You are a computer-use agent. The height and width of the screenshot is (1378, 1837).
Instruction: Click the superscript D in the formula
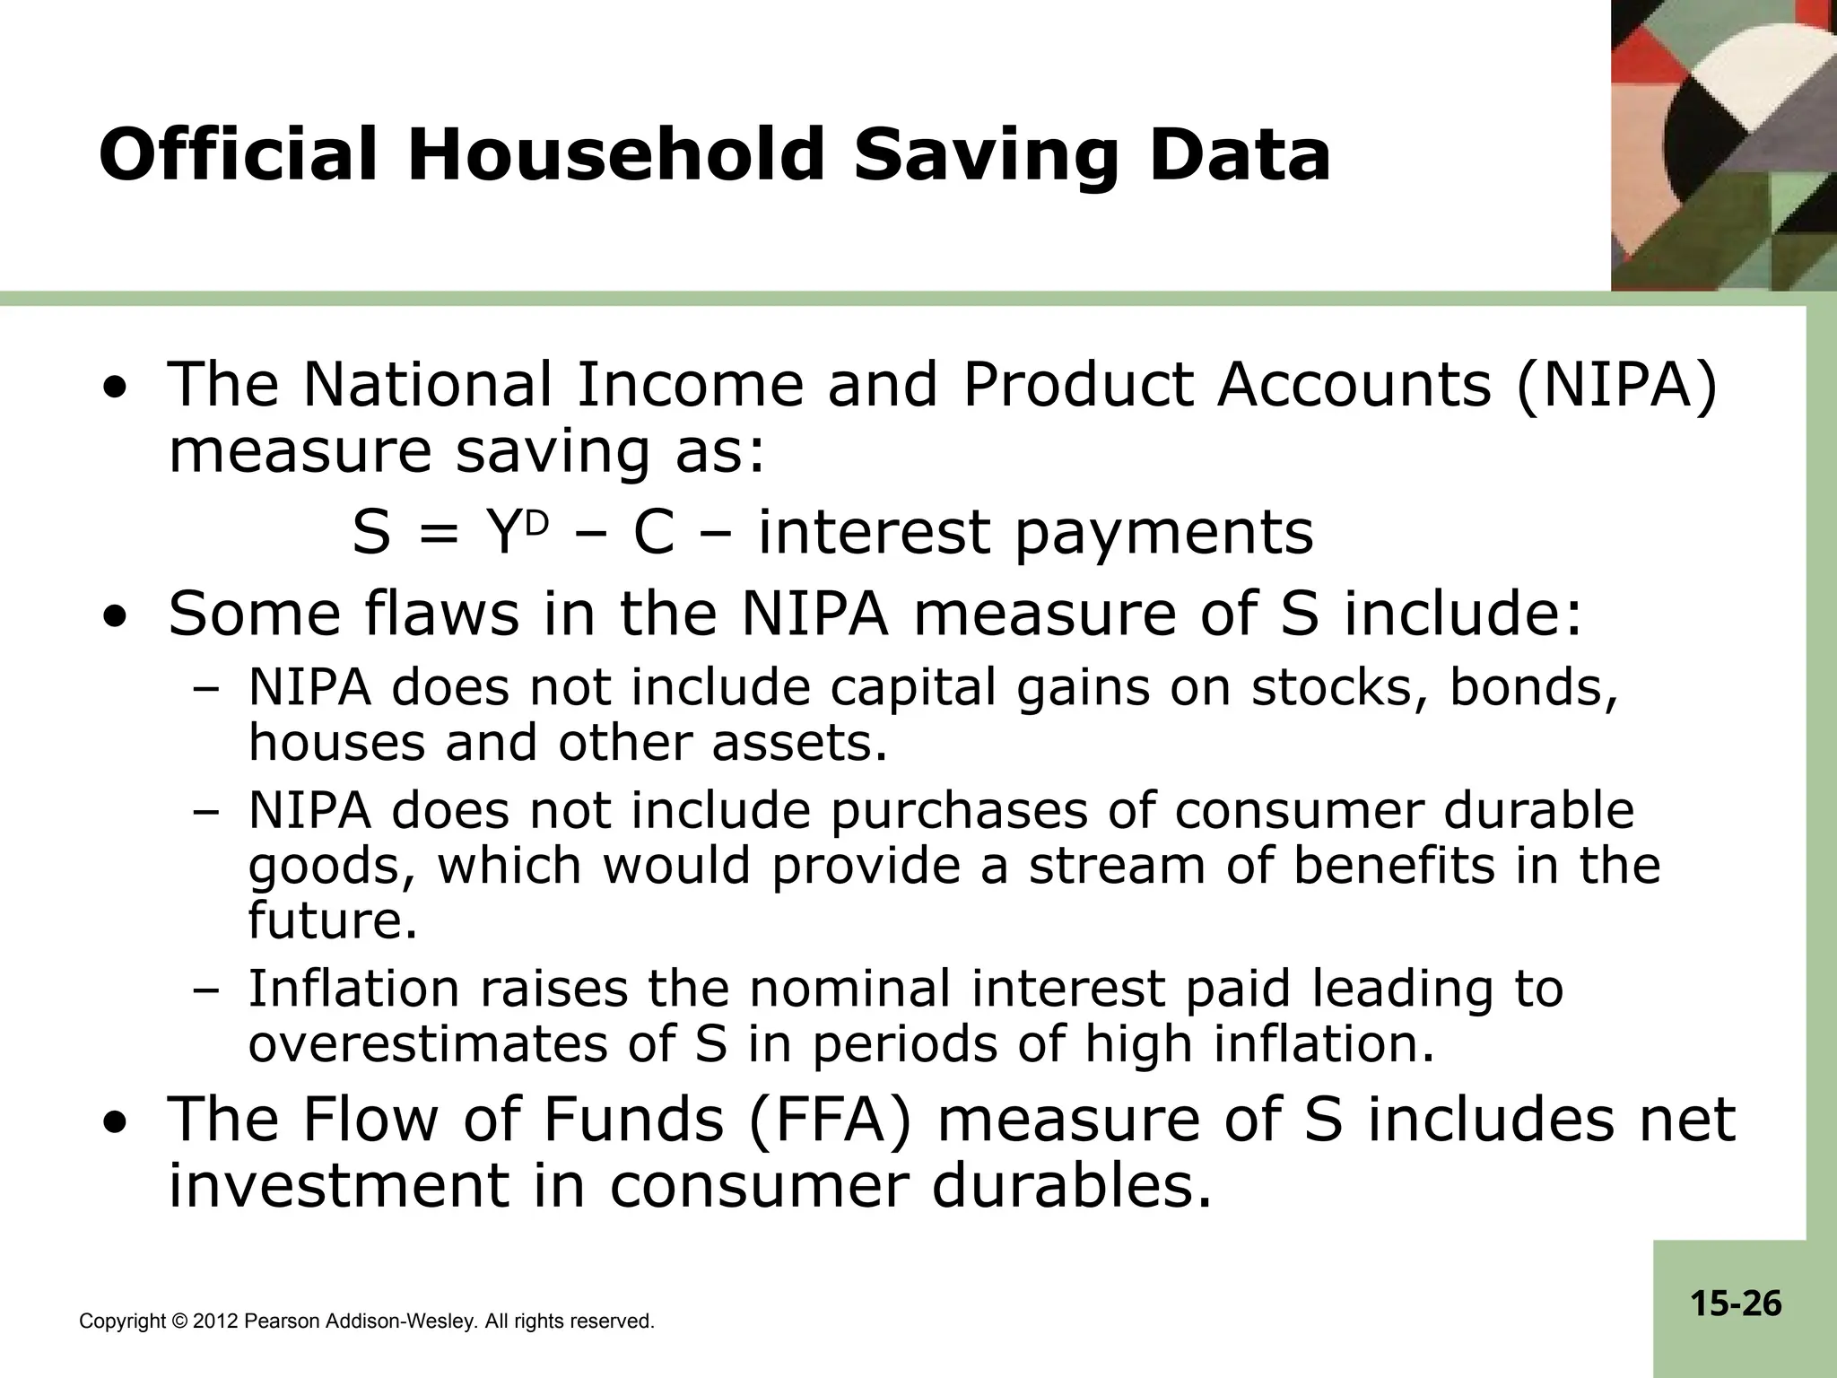535,523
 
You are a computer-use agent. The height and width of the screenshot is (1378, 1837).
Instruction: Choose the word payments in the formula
1164,533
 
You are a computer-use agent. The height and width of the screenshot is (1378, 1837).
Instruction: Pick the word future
333,920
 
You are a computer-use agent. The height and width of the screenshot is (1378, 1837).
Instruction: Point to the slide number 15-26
1736,1303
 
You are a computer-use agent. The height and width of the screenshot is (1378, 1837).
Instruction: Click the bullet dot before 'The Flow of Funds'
114,1123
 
